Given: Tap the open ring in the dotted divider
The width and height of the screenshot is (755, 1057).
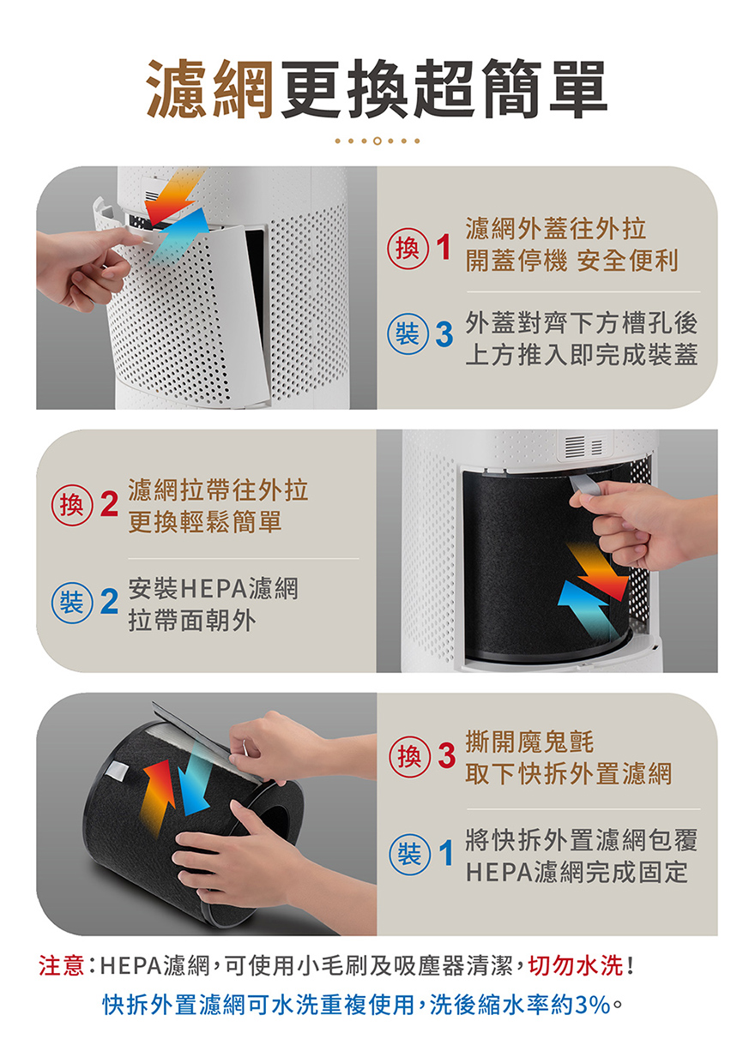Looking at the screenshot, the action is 377,141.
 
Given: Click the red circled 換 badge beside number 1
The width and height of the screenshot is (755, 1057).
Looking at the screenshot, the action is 408,249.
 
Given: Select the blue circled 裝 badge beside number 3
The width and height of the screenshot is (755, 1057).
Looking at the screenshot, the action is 408,334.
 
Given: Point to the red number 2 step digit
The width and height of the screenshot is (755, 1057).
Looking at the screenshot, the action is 109,504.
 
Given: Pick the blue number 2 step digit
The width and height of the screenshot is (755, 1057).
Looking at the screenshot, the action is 109,601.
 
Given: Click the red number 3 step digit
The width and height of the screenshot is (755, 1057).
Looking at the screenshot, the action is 446,755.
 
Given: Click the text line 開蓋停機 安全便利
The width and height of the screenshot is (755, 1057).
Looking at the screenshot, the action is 571,261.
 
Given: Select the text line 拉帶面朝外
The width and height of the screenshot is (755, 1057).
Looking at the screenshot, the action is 192,620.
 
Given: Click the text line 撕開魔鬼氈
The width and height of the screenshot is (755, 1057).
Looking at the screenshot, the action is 529,742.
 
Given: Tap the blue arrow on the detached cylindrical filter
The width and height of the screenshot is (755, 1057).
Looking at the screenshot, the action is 195,779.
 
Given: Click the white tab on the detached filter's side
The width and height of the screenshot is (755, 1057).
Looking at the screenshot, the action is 117,770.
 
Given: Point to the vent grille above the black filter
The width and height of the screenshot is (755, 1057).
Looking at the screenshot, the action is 584,446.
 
